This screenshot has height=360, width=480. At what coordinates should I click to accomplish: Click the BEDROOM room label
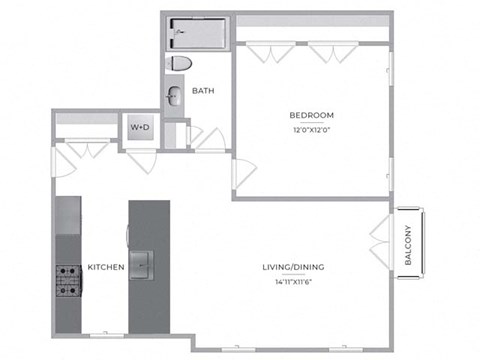pyautogui.click(x=311, y=115)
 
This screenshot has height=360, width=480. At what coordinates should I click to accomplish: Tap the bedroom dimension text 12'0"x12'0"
pyautogui.click(x=311, y=130)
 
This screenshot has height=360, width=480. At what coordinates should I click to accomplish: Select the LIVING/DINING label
pyautogui.click(x=293, y=267)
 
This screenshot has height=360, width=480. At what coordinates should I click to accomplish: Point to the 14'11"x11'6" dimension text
pyautogui.click(x=293, y=282)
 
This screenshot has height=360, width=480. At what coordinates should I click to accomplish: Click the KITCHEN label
pyautogui.click(x=106, y=267)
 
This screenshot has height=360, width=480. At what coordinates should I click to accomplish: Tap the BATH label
pyautogui.click(x=203, y=91)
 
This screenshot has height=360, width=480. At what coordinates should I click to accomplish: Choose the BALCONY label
pyautogui.click(x=408, y=245)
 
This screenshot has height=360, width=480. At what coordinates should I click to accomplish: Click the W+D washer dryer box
pyautogui.click(x=140, y=127)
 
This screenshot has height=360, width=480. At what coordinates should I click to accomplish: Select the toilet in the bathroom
pyautogui.click(x=181, y=63)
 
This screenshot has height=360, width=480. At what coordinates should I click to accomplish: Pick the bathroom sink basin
pyautogui.click(x=174, y=96)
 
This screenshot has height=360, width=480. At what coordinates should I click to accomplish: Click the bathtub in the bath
pyautogui.click(x=198, y=33)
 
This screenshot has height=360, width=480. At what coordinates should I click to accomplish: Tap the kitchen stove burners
pyautogui.click(x=69, y=281)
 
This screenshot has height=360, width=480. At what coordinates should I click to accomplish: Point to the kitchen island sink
pyautogui.click(x=141, y=265)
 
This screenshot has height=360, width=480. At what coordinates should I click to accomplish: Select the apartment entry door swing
pyautogui.click(x=64, y=162)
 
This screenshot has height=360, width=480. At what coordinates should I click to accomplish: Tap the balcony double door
pyautogui.click(x=380, y=241)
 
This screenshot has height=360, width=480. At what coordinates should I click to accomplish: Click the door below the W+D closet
pyautogui.click(x=141, y=162)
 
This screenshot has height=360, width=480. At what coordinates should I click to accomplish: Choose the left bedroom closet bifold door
pyautogui.click(x=270, y=52)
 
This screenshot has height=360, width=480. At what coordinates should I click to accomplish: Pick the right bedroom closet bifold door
pyautogui.click(x=333, y=52)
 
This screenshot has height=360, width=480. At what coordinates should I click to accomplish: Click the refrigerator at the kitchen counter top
pyautogui.click(x=68, y=215)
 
